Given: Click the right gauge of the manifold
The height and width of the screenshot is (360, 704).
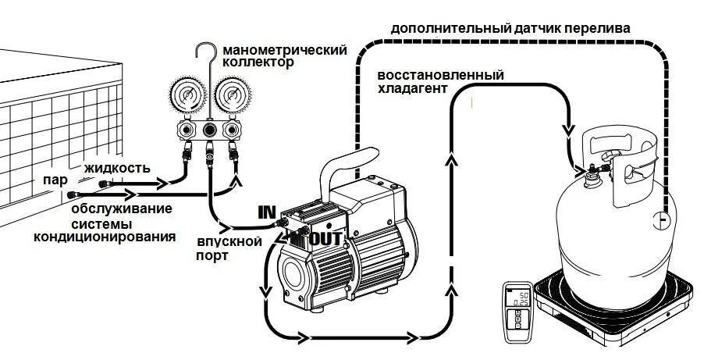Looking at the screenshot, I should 230,96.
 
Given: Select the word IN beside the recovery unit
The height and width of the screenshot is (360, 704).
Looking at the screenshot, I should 268,212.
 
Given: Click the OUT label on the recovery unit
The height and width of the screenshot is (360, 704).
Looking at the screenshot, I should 325,239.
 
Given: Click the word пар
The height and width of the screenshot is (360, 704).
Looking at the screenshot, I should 55,179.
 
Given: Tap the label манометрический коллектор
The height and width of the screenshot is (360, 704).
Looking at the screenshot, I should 284,55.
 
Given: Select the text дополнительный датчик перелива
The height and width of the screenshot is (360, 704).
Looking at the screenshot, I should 510,28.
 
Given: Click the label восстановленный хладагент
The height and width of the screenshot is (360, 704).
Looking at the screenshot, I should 440,81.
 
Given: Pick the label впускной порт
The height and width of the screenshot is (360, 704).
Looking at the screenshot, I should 228,248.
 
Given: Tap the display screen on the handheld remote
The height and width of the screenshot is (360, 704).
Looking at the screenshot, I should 517,297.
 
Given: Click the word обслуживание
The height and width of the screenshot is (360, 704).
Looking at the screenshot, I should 122,209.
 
